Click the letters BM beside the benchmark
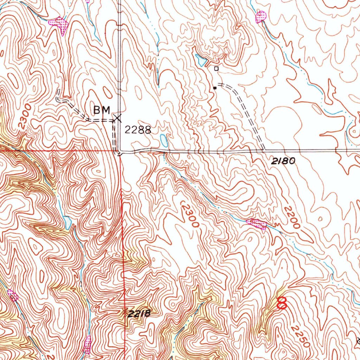[102, 110]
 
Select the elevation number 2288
[138, 130]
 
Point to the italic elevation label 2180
[283, 161]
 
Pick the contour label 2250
[301, 336]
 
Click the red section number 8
[282, 303]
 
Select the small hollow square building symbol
[216, 69]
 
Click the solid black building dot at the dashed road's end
[214, 88]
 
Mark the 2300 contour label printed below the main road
[190, 215]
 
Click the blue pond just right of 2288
[164, 141]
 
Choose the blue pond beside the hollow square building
[201, 61]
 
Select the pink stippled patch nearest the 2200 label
[257, 223]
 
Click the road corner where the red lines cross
[120, 152]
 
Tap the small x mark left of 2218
[124, 311]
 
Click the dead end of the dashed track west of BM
[59, 91]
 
